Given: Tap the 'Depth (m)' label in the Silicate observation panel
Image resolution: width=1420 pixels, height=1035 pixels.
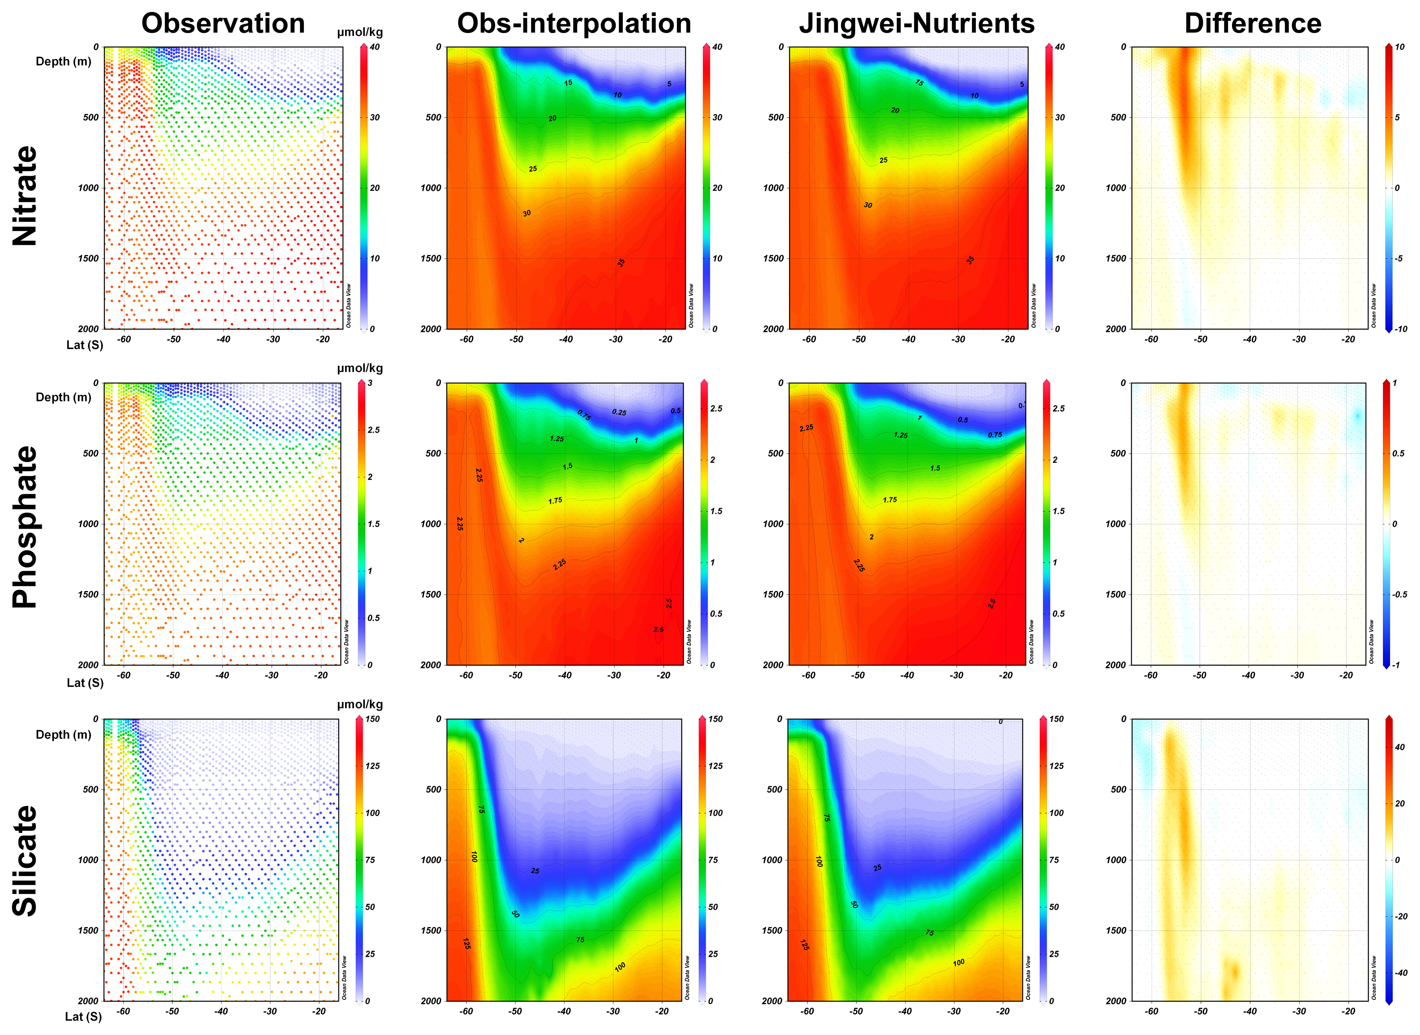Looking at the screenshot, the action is coord(63,734).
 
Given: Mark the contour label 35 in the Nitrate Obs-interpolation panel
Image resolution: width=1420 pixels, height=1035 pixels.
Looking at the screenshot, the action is coord(621,262).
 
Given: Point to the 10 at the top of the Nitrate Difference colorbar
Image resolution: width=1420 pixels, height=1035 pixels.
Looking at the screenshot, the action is coord(1399,47).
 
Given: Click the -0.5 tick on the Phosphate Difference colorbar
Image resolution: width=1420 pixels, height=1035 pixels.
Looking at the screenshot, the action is coord(1399,595).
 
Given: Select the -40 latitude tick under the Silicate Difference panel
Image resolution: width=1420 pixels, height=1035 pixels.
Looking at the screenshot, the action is coord(1249,1012).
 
